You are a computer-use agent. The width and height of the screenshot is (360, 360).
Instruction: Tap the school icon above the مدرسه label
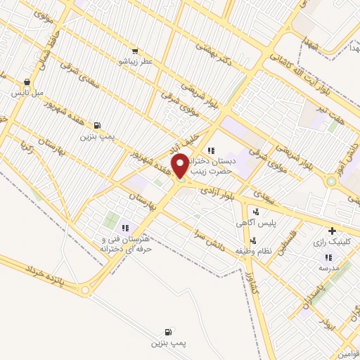(328, 257)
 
